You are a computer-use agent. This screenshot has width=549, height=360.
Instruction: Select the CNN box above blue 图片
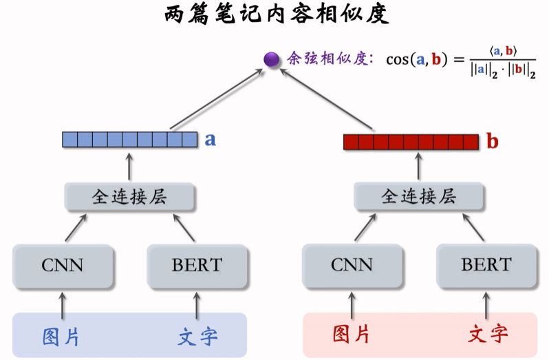[x=63, y=265]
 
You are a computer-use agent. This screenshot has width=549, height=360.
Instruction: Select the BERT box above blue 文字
[x=197, y=265]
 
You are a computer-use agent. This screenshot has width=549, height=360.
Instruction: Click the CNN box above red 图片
[x=352, y=265]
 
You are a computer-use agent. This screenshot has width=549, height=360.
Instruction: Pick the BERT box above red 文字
[x=486, y=265]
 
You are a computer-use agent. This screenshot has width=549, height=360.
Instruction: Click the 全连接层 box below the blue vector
[x=130, y=197]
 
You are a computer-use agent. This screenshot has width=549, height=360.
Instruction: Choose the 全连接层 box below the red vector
[x=419, y=197]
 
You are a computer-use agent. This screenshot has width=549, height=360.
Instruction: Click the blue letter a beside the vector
[x=211, y=140]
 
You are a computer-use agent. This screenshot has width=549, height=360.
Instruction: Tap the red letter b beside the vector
[x=492, y=142]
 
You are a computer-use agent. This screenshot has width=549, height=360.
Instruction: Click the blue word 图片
[x=61, y=336]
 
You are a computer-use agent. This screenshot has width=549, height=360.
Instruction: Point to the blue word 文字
[x=197, y=336]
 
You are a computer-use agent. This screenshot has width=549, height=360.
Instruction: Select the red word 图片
[x=352, y=335]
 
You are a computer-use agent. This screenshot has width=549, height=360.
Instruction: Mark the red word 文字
[x=488, y=335]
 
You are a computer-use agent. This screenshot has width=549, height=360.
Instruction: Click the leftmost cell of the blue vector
[x=69, y=140]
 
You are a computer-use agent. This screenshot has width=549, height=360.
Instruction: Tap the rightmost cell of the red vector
[x=471, y=142]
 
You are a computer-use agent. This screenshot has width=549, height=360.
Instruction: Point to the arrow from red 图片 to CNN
[x=352, y=302]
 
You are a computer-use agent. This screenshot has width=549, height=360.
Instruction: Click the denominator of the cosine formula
[x=503, y=70]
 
